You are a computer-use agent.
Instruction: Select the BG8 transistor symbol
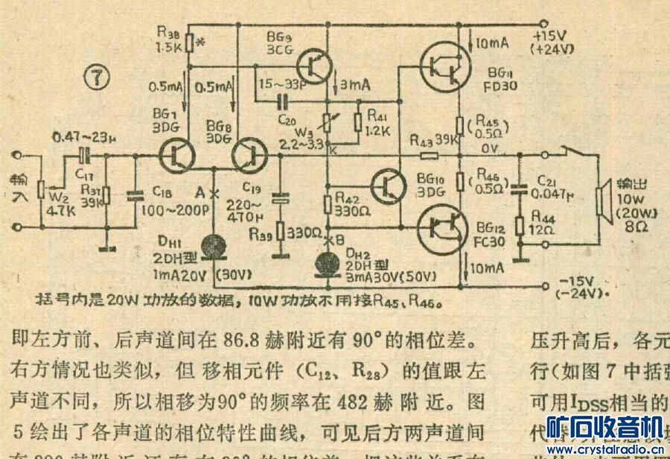click(248, 156)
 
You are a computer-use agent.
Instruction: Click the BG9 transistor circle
click(316, 66)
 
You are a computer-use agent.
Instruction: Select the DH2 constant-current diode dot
click(326, 261)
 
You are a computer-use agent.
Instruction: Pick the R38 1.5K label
click(170, 39)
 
